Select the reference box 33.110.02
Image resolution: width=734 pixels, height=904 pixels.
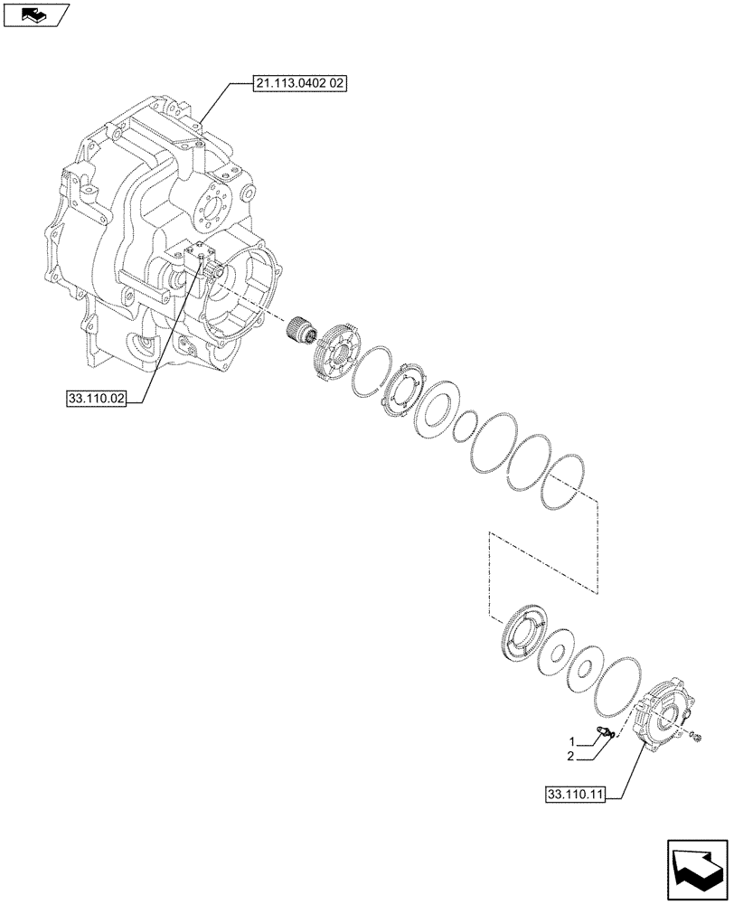pyautogui.click(x=96, y=396)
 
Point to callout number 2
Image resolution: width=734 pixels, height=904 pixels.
pyautogui.click(x=570, y=756)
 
